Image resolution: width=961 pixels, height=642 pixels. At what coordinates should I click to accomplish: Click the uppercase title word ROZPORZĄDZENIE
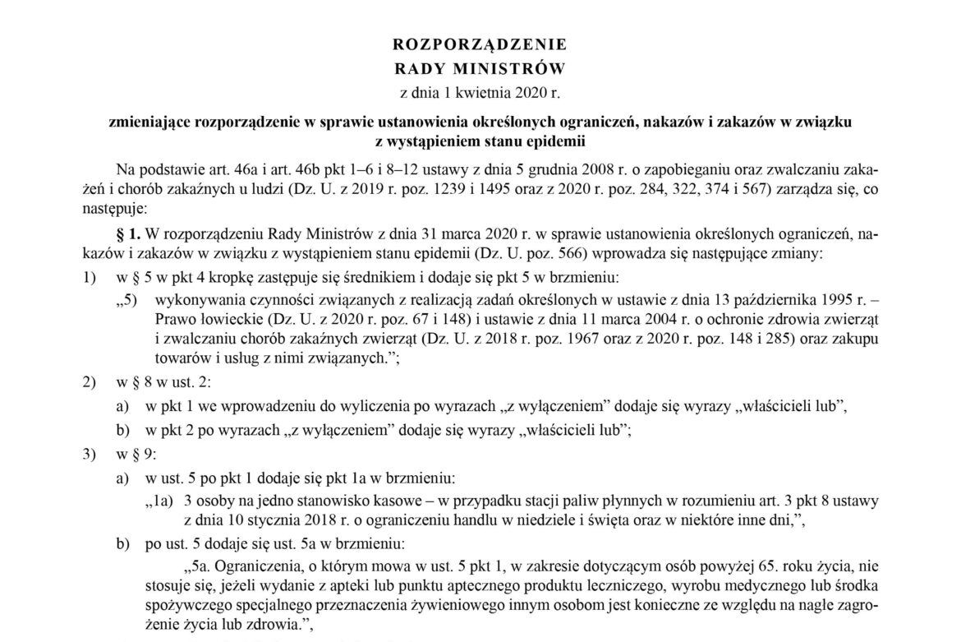pyautogui.click(x=480, y=44)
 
